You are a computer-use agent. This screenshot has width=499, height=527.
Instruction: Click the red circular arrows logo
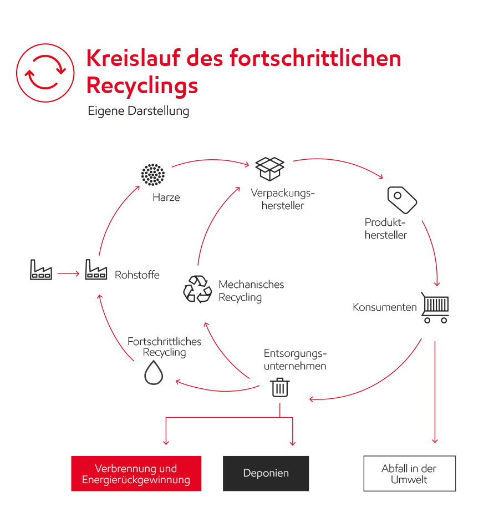tap(45, 73)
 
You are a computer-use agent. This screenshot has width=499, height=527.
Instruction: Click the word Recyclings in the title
tap(142, 86)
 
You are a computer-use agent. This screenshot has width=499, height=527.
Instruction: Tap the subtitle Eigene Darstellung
tap(138, 111)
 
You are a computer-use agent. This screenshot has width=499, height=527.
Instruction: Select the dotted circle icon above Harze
tap(152, 175)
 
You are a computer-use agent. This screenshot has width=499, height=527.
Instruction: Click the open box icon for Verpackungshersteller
tap(269, 168)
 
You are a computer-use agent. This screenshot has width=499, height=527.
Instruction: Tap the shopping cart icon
tap(435, 307)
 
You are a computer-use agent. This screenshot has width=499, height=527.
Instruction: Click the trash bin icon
tap(280, 387)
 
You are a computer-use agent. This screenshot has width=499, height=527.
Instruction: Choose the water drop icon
tap(154, 372)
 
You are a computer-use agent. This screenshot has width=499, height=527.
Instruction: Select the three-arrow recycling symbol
tap(197, 289)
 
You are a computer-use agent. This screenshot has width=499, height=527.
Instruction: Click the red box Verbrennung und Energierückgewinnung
tap(136, 474)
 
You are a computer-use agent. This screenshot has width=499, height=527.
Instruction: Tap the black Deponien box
tap(266, 474)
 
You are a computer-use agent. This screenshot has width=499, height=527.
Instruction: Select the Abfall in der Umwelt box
tap(409, 474)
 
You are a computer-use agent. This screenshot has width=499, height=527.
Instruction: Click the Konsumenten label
tap(384, 307)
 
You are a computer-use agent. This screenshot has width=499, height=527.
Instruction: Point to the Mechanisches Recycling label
tap(251, 291)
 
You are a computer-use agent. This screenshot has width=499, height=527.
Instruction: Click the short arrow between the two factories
tap(68, 273)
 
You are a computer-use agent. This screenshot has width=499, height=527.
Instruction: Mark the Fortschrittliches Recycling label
tap(164, 347)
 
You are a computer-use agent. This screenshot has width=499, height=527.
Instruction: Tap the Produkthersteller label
tap(386, 229)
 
